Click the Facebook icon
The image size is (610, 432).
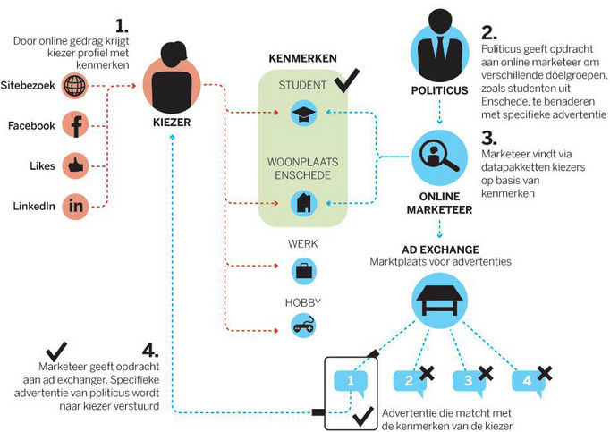77,125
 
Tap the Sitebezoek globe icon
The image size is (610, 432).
77,87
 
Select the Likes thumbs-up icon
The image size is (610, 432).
77,165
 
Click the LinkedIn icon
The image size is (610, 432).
77,206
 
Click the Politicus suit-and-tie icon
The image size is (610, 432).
438,48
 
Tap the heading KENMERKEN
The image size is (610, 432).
303,59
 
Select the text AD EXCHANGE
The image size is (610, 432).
439,248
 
